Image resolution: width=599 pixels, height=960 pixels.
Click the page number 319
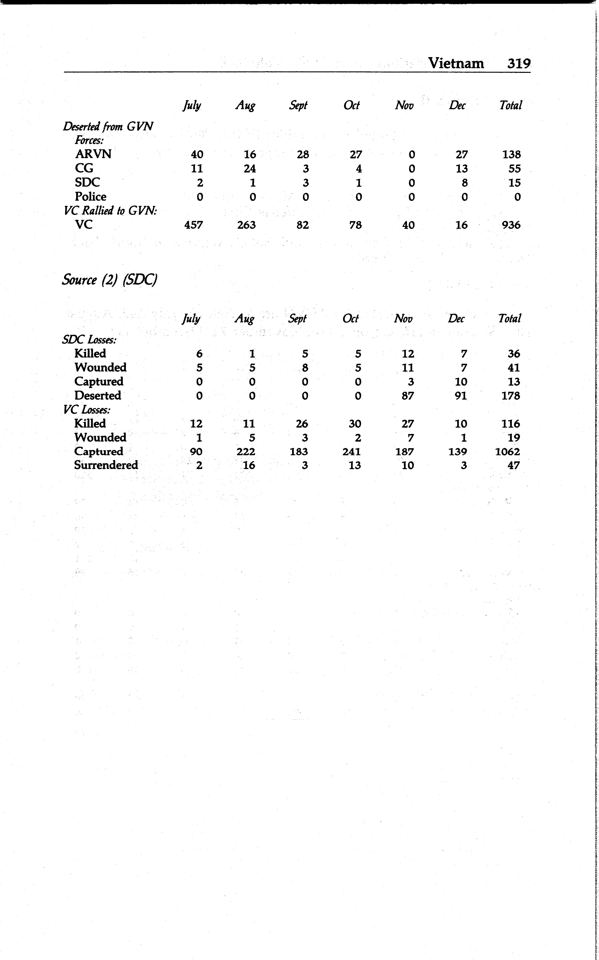pos(519,63)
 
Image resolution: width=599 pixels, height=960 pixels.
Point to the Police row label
pos(91,197)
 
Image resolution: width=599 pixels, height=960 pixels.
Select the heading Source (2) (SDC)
pos(110,280)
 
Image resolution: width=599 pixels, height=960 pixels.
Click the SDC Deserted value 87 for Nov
pos(408,396)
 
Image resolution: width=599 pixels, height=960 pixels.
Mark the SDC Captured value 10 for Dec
pos(461,382)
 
